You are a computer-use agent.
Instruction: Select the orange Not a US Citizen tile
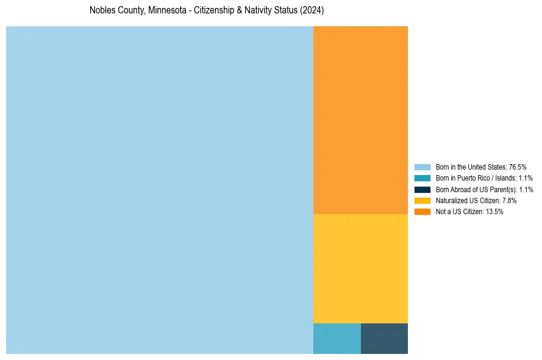(360, 120)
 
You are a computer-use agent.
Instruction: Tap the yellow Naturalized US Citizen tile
(360, 268)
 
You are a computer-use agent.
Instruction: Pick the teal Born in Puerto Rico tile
(337, 339)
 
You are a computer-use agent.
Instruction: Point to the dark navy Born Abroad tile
(384, 339)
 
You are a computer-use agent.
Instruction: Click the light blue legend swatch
(422, 167)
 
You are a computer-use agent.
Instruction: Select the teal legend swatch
(422, 178)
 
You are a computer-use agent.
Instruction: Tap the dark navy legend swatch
(422, 189)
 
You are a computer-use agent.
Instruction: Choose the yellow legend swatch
(422, 200)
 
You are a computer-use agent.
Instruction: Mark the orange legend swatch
(422, 212)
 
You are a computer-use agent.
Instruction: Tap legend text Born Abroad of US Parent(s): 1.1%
(484, 189)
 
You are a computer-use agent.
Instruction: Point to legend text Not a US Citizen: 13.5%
(469, 212)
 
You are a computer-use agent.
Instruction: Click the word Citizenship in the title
(213, 11)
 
